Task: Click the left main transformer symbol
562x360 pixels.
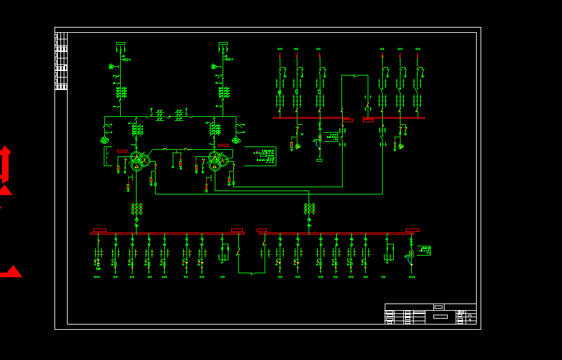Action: [137, 160]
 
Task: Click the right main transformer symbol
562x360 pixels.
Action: [216, 160]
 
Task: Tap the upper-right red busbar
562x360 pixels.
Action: [394, 118]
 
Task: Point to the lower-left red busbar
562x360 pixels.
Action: [167, 233]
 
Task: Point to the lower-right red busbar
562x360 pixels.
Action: [337, 233]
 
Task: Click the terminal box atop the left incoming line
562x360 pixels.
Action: [121, 43]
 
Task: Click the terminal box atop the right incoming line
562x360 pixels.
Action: [223, 43]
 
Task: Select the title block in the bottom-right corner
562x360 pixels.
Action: [430, 314]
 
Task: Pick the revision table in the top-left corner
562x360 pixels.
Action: [61, 61]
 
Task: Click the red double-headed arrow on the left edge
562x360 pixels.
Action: [5, 164]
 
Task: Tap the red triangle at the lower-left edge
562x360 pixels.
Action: [11, 271]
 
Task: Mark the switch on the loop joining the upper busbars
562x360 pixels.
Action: [355, 76]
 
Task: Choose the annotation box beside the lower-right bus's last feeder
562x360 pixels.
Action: [424, 250]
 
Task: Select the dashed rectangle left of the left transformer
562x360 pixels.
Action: [108, 156]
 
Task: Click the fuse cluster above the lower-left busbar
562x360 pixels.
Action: [137, 209]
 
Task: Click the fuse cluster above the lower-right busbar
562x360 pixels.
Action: [309, 209]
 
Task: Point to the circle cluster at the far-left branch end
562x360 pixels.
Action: [104, 140]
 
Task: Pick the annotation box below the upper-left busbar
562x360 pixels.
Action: [331, 137]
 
